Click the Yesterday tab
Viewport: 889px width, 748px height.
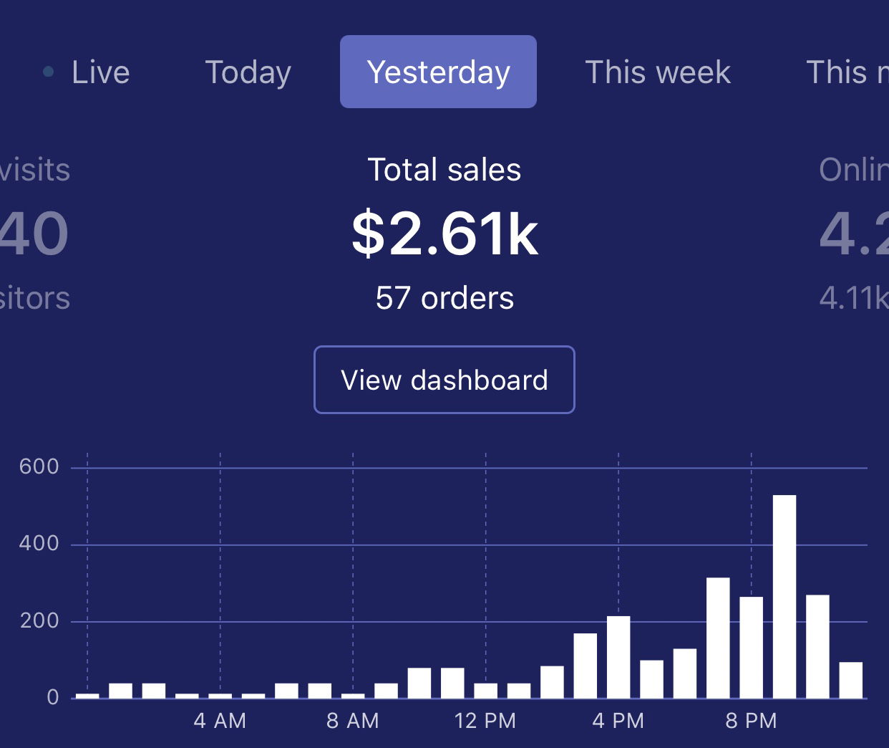point(438,72)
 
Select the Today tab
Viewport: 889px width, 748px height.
point(248,72)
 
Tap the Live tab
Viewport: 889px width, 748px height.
point(100,72)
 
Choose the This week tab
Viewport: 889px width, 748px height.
point(658,72)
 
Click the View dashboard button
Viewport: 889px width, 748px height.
point(444,380)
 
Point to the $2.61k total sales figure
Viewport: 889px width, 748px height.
point(444,234)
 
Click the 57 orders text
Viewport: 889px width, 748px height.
point(444,298)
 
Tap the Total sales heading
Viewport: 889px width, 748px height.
point(444,170)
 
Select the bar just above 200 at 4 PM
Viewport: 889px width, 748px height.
point(618,656)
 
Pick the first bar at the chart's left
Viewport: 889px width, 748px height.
point(87,695)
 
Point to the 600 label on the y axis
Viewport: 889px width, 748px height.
point(39,466)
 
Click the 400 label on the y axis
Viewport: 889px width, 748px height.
point(39,544)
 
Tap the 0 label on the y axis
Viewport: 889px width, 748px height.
point(53,697)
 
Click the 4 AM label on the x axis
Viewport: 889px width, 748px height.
point(220,721)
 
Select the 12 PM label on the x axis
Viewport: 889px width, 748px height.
point(485,721)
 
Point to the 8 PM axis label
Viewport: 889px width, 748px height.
point(751,721)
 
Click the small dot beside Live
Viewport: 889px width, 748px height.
point(49,72)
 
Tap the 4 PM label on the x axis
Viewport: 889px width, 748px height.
point(618,721)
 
